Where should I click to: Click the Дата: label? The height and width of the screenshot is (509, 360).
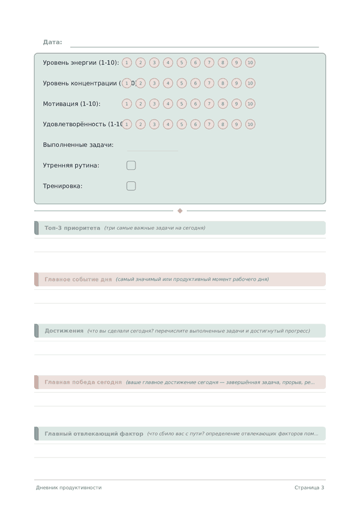point(52,42)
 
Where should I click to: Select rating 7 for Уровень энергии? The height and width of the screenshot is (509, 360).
point(209,62)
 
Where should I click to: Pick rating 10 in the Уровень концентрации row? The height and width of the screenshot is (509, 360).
point(250,83)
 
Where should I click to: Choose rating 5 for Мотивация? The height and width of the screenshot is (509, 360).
point(181,104)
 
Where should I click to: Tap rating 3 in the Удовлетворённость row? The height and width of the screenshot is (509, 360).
point(154,124)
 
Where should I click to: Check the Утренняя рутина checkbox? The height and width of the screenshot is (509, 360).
point(131,166)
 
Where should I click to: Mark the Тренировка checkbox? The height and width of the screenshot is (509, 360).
point(131,186)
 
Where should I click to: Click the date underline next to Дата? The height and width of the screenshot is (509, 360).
point(194,46)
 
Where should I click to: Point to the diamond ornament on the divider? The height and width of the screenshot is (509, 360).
point(180,211)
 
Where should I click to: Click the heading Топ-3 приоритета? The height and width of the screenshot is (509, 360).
point(72,228)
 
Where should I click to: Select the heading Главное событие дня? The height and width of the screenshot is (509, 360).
point(78,279)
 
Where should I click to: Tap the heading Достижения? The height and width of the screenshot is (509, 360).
point(64,331)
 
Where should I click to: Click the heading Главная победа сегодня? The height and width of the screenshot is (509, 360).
point(83,382)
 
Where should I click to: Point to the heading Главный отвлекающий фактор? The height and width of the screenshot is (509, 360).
point(94,433)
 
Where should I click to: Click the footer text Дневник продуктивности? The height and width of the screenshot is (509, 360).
point(68,487)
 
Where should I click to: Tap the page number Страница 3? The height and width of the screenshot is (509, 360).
point(309,487)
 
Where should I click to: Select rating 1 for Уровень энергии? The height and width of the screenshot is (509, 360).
point(127,62)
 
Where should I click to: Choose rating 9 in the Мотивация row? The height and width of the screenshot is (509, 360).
point(236,104)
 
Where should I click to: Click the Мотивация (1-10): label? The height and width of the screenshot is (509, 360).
point(71,104)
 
